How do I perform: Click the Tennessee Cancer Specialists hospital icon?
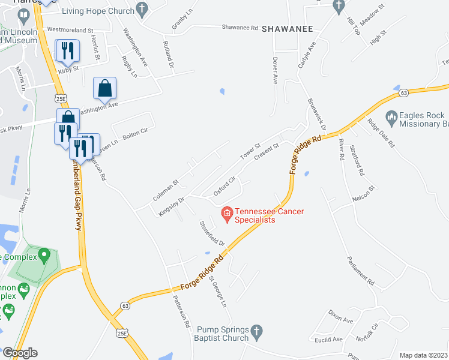pyautogui.click(x=227, y=213)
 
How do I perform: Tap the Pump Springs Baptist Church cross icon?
pyautogui.click(x=256, y=331)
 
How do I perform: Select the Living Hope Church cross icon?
pyautogui.click(x=142, y=8)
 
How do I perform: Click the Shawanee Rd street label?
pyautogui.click(x=240, y=28)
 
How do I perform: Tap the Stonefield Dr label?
pyautogui.click(x=212, y=233)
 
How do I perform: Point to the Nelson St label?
pyautogui.click(x=363, y=191)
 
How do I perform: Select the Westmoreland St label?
pyautogui.click(x=70, y=29)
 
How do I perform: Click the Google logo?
pyautogui.click(x=19, y=353)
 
